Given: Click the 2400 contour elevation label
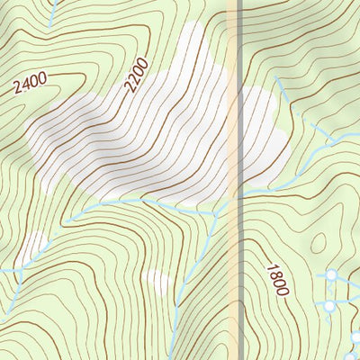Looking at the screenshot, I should click(x=30, y=85).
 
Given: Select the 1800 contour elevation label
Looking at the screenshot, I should click(x=276, y=280).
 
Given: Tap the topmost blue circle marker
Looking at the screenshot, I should click(x=332, y=274).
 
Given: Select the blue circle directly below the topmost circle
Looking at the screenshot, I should click(x=329, y=306).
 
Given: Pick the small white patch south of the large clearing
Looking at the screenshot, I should click(x=158, y=282).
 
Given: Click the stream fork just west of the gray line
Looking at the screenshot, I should click(x=216, y=212).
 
